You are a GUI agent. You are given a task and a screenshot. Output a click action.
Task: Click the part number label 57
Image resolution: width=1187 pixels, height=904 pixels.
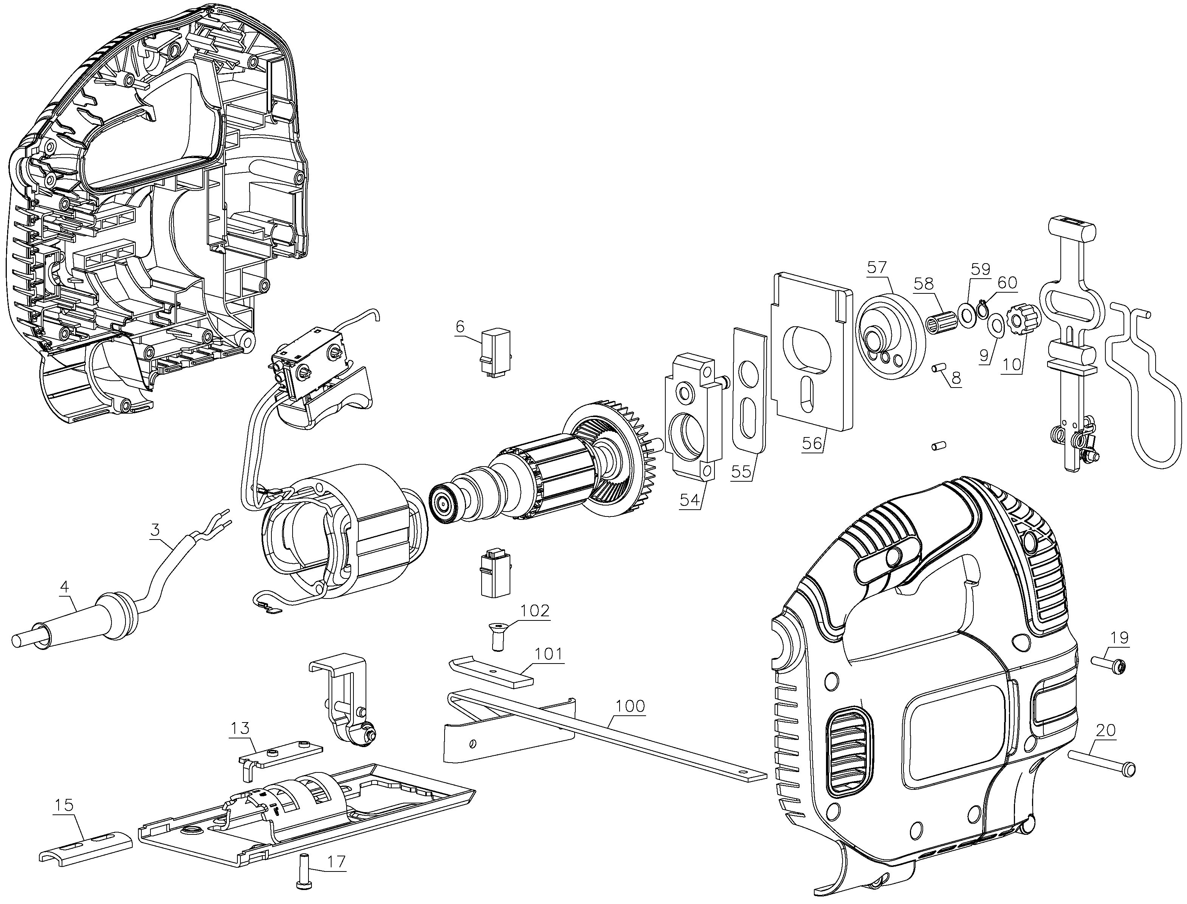pos(877,267)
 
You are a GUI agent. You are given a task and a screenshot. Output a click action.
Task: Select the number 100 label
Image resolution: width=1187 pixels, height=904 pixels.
pos(630,706)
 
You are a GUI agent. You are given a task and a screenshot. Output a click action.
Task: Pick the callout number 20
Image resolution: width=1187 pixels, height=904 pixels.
pos(1105,731)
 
